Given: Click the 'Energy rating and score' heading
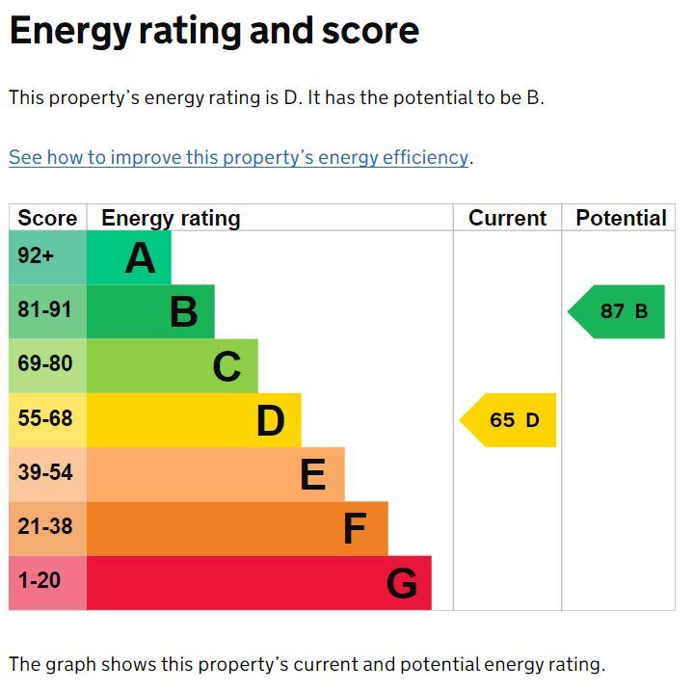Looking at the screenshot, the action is tap(214, 32).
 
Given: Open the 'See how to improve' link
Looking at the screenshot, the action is tap(239, 158).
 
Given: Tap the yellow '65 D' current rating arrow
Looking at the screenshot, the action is tap(508, 420).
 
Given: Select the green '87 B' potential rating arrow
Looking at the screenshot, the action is tap(616, 311).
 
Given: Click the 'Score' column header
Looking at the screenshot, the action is tap(47, 218).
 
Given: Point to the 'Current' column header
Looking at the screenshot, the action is tap(507, 218).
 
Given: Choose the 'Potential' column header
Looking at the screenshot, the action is tap(622, 218).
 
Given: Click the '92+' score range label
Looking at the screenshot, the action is tap(36, 255).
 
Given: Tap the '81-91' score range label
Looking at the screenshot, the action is tap(44, 309).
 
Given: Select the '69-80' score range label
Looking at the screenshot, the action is tap(45, 363).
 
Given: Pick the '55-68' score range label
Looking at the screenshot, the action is tap(45, 418).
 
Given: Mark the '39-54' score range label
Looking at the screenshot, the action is tap(45, 472).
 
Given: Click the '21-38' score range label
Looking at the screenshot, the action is tap(45, 527).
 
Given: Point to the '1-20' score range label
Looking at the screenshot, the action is tap(40, 580).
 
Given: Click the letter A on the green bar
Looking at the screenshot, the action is tap(140, 257).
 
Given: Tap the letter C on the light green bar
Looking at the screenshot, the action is tap(227, 366).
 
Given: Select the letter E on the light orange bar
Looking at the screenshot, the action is tap(313, 475).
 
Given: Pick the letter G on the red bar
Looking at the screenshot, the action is tap(402, 583).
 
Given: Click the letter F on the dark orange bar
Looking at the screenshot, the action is tap(355, 529).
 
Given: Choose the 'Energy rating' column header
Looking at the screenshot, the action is tap(171, 219).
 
